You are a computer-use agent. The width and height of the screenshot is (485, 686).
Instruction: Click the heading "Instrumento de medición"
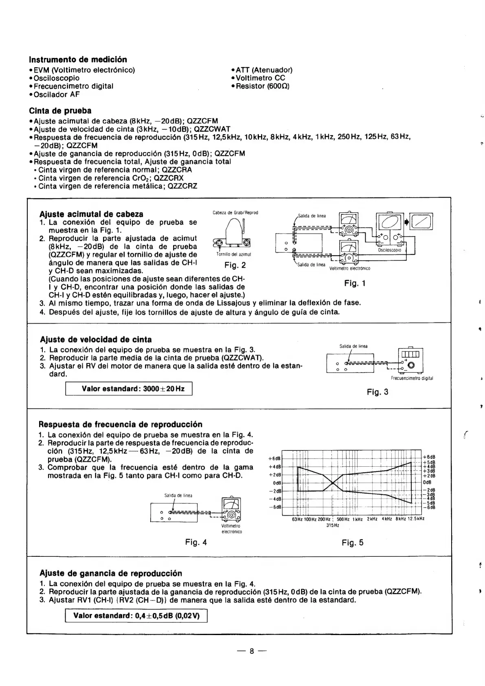[x=78, y=60]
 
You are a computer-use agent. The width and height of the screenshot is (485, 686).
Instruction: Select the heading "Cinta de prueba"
[x=60, y=111]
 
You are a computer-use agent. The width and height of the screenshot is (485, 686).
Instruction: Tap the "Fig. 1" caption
[x=355, y=283]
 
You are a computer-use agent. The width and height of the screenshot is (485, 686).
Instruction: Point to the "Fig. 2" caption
[x=235, y=265]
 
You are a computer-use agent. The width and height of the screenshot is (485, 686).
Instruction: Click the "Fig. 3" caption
[x=377, y=392]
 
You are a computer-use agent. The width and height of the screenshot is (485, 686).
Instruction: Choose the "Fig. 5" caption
[x=353, y=543]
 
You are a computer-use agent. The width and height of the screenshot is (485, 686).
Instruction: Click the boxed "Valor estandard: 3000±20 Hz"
[x=129, y=389]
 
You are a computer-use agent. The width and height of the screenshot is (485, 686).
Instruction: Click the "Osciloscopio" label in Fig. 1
[x=390, y=250]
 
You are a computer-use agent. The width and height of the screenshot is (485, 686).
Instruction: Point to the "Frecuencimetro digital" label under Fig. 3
[x=412, y=378]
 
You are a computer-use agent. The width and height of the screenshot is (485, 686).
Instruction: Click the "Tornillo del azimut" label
[x=232, y=254]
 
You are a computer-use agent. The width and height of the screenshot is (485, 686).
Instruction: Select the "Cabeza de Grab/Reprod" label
[x=235, y=213]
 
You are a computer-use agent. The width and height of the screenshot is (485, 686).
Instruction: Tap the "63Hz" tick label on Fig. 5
[x=297, y=519]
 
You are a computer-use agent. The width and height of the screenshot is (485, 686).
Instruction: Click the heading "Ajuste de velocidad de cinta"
[x=96, y=340]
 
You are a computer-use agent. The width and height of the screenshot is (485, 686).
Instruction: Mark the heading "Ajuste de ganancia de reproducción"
[x=111, y=574]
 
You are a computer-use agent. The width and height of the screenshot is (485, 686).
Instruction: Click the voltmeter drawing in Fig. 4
[x=231, y=510]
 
